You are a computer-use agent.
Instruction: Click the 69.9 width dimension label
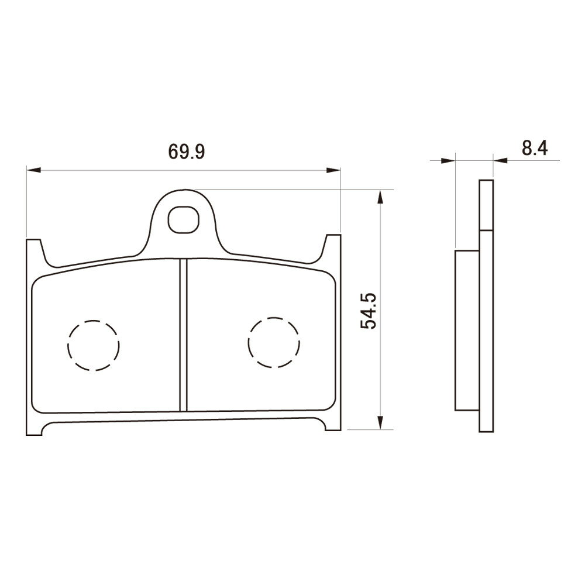[187, 152]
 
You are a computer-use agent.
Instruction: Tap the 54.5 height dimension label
[369, 311]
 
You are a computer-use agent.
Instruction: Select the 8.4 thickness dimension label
[535, 149]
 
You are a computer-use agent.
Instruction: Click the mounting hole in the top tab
[183, 220]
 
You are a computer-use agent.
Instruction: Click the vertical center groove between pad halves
[183, 335]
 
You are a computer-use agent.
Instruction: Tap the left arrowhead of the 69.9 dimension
[33, 170]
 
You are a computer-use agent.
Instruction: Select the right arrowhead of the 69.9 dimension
[333, 170]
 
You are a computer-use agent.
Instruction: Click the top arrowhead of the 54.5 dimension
[380, 197]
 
